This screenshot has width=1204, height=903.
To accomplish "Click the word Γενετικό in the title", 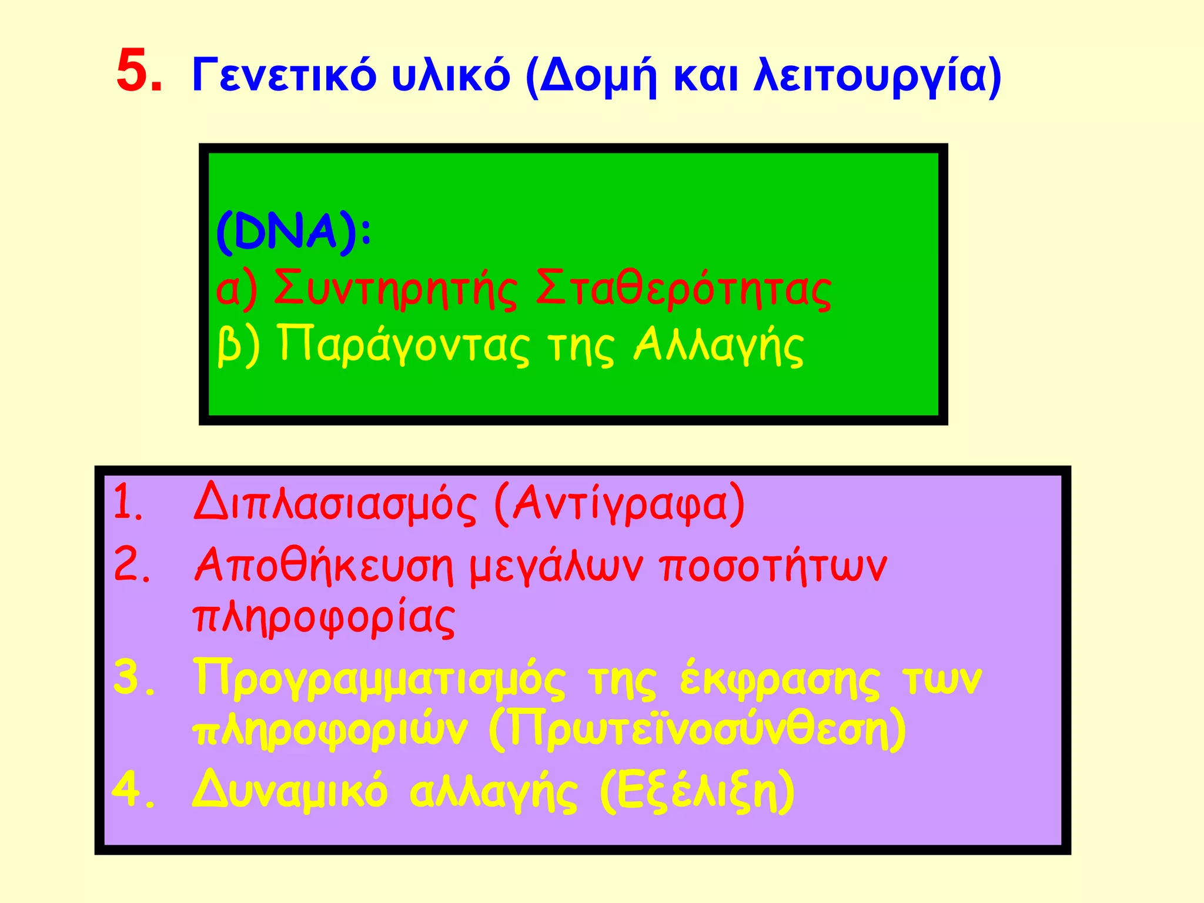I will pos(283,76).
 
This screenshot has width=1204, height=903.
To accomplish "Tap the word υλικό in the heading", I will pos(450,76).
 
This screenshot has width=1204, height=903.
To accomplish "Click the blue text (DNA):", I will pos(294,233).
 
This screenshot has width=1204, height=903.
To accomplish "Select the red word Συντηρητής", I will pos(395,289).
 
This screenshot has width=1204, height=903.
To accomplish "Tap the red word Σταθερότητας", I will pos(683,289).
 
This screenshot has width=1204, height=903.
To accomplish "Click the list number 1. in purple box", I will pos(128,503).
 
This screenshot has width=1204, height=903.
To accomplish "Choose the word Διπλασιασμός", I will pos(335,504).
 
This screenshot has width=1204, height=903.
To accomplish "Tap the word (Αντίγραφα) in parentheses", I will pos(620,504).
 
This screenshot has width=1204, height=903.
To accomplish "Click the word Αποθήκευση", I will pos(324,566).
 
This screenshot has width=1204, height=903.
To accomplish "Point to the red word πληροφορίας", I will pos(324,618).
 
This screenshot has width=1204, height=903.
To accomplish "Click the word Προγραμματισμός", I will pos(380,679).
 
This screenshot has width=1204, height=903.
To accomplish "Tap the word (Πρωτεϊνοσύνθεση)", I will pos(697,731).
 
